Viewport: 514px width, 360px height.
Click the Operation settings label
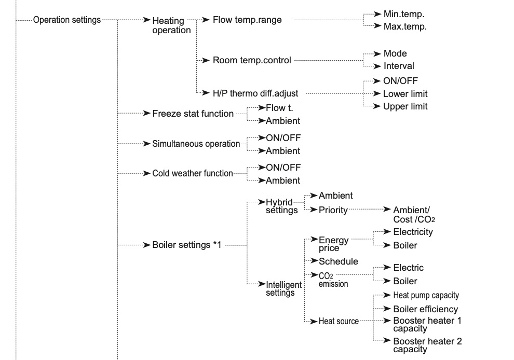(67, 20)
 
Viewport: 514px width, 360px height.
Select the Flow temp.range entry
(247, 20)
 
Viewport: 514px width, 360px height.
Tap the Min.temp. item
(404, 14)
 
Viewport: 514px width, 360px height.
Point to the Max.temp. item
(405, 26)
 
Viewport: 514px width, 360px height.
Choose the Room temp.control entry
(252, 60)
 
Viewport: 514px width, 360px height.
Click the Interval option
(399, 66)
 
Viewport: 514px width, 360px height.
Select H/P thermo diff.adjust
(255, 93)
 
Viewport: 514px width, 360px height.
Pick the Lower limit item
(405, 94)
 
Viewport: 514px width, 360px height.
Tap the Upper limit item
(405, 106)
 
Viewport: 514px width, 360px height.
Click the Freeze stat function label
(193, 114)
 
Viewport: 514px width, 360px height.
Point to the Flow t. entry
(279, 108)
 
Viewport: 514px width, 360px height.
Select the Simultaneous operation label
(196, 144)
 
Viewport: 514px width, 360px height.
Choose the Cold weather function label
(193, 173)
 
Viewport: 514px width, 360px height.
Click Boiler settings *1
(187, 245)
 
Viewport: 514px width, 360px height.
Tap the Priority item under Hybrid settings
(333, 210)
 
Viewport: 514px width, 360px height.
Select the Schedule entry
(339, 261)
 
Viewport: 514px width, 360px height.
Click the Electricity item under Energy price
(413, 232)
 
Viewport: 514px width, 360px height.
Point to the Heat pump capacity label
(426, 296)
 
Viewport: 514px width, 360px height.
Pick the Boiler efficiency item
(426, 309)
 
